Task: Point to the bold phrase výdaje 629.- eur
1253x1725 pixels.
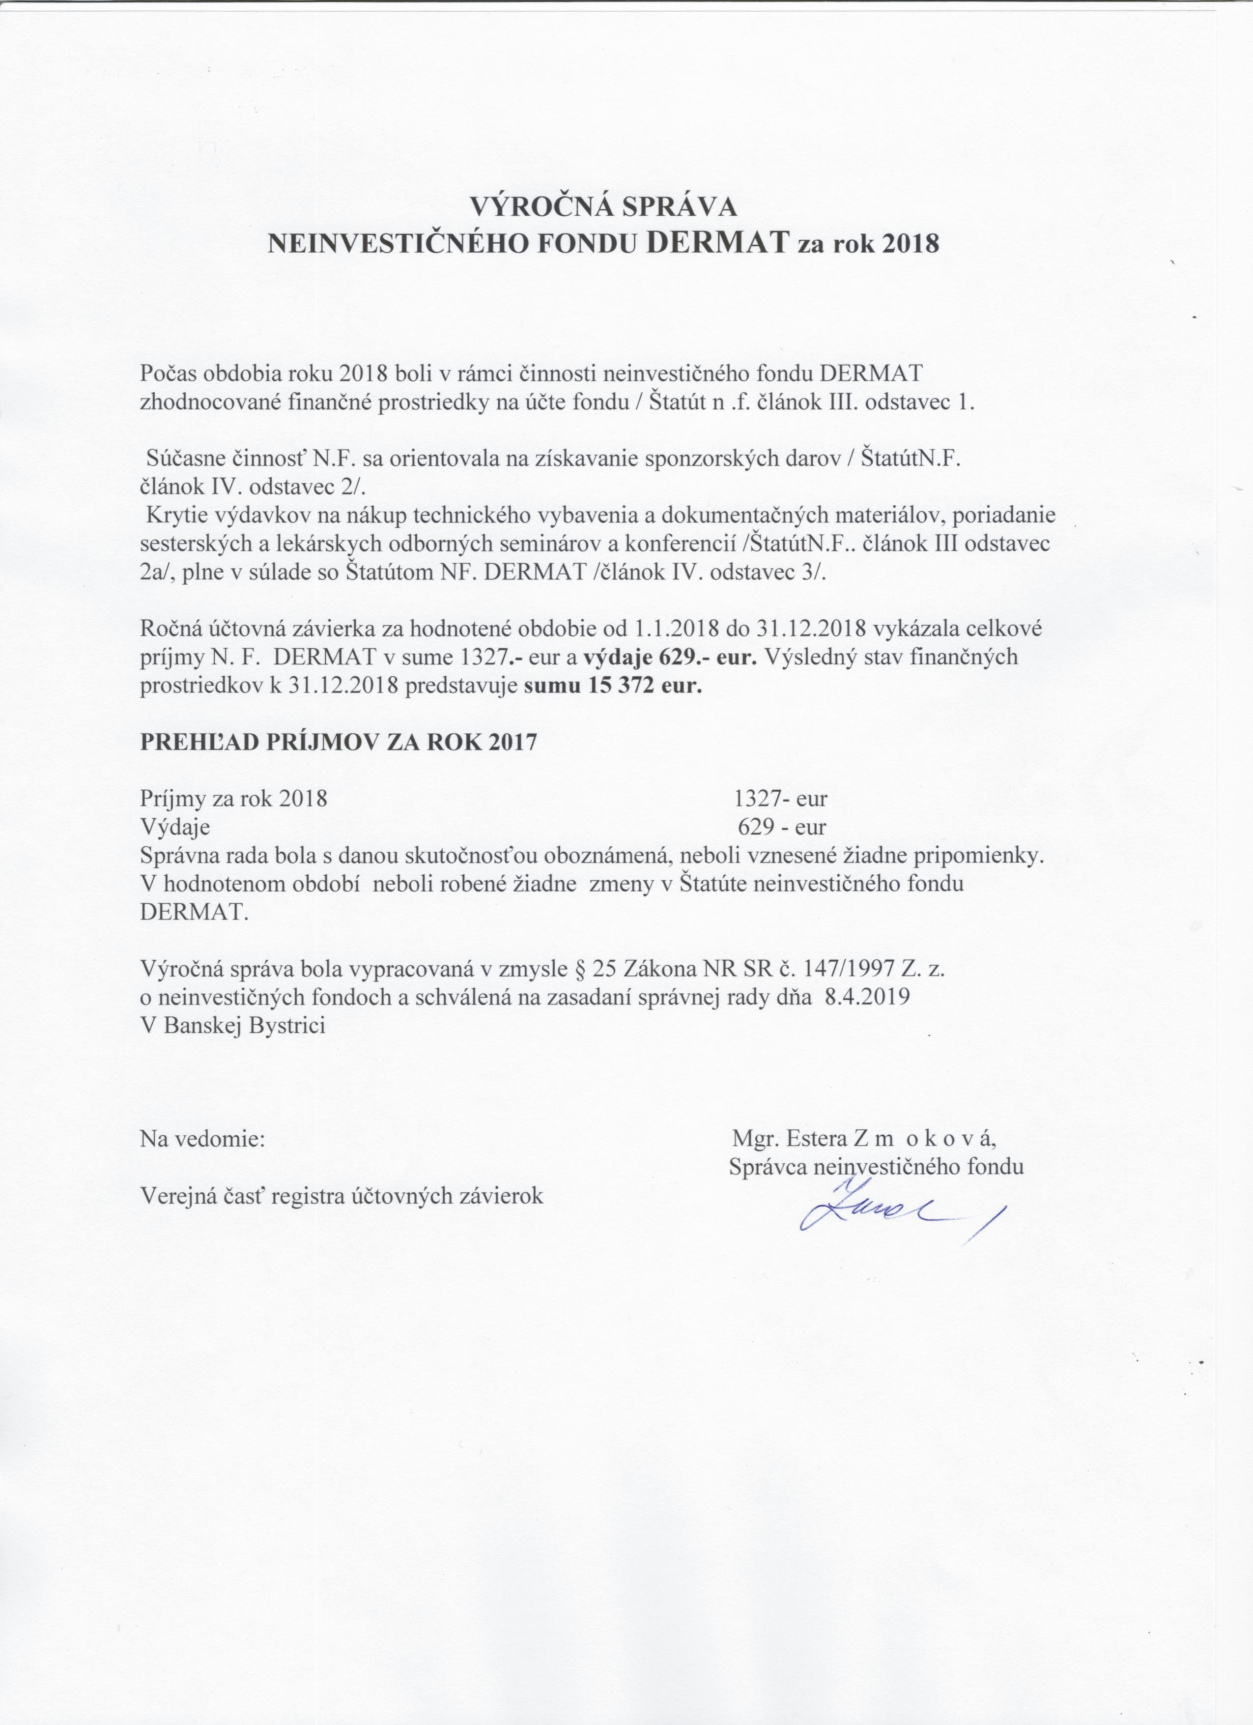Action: (669, 657)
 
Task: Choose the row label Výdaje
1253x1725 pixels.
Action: (175, 828)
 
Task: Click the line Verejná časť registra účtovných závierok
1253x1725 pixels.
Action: (342, 1196)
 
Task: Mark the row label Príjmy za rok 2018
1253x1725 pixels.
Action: (234, 799)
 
